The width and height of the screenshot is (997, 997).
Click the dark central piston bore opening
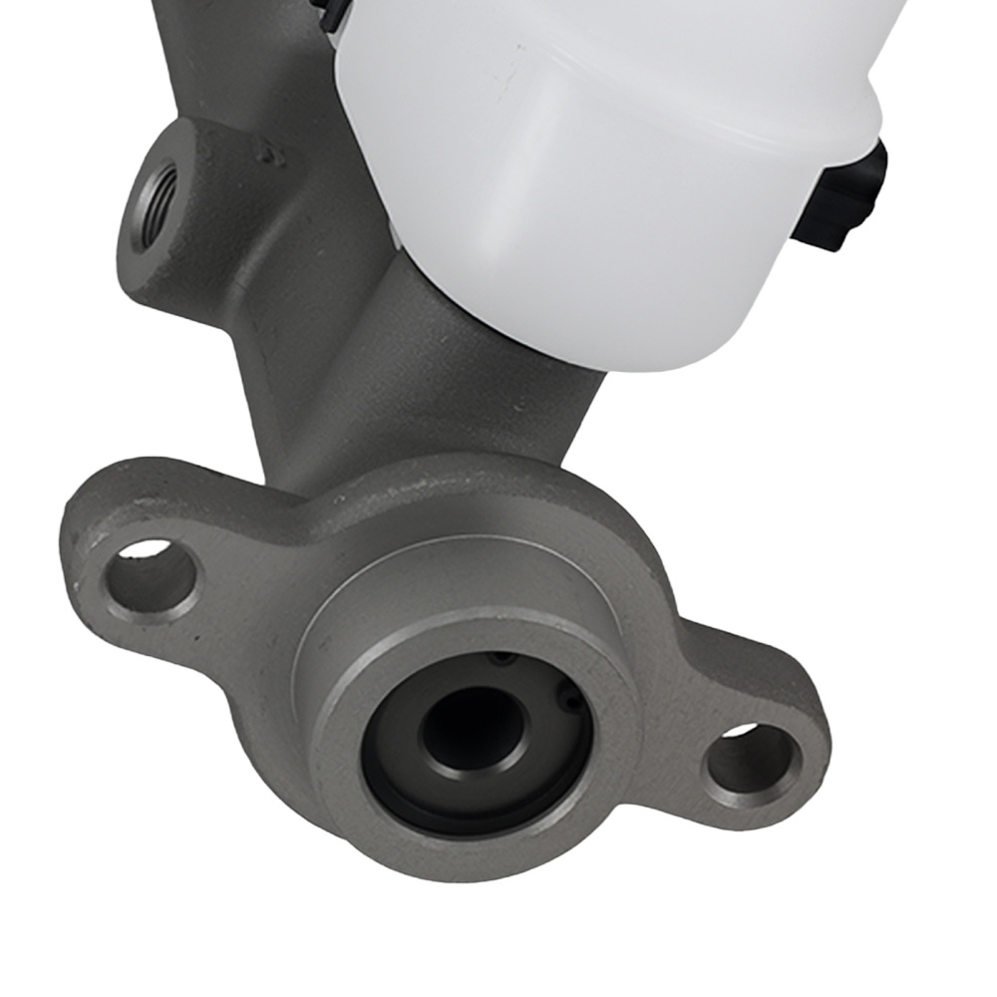pos(472,733)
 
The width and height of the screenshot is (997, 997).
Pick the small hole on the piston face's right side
pos(569,704)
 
